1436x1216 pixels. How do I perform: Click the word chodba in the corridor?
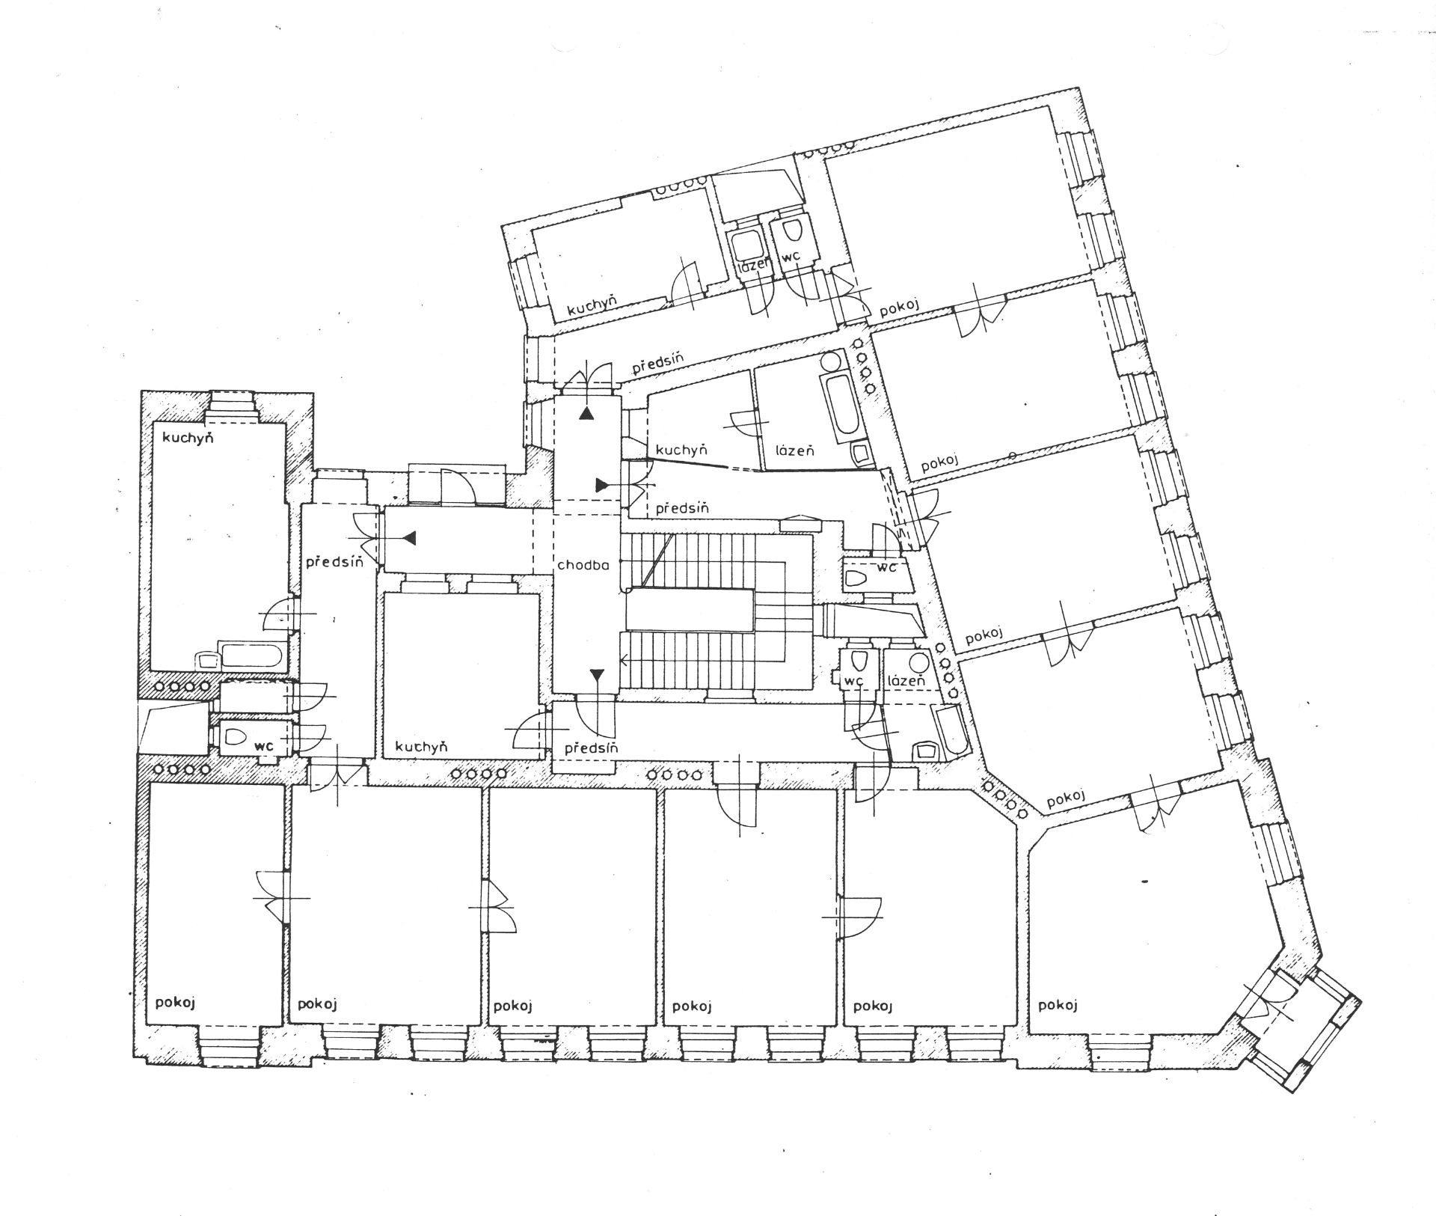[583, 565]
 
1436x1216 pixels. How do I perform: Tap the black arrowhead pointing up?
[589, 413]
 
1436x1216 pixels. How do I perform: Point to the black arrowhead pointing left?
[409, 537]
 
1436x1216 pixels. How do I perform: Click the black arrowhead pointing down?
[597, 676]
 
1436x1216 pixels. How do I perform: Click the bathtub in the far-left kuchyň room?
[252, 656]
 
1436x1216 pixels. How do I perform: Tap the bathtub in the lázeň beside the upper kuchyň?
[840, 404]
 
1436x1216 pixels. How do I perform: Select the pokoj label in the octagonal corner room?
[1057, 1005]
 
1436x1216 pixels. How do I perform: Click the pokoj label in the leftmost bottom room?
[176, 1003]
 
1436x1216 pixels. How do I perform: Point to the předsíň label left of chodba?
[334, 560]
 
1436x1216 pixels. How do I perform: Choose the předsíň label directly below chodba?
[592, 748]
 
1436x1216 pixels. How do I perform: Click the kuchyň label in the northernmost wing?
[591, 308]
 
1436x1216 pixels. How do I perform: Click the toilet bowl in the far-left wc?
[236, 736]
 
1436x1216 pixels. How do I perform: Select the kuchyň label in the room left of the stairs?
[421, 746]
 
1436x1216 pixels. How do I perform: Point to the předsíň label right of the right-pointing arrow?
[682, 508]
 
